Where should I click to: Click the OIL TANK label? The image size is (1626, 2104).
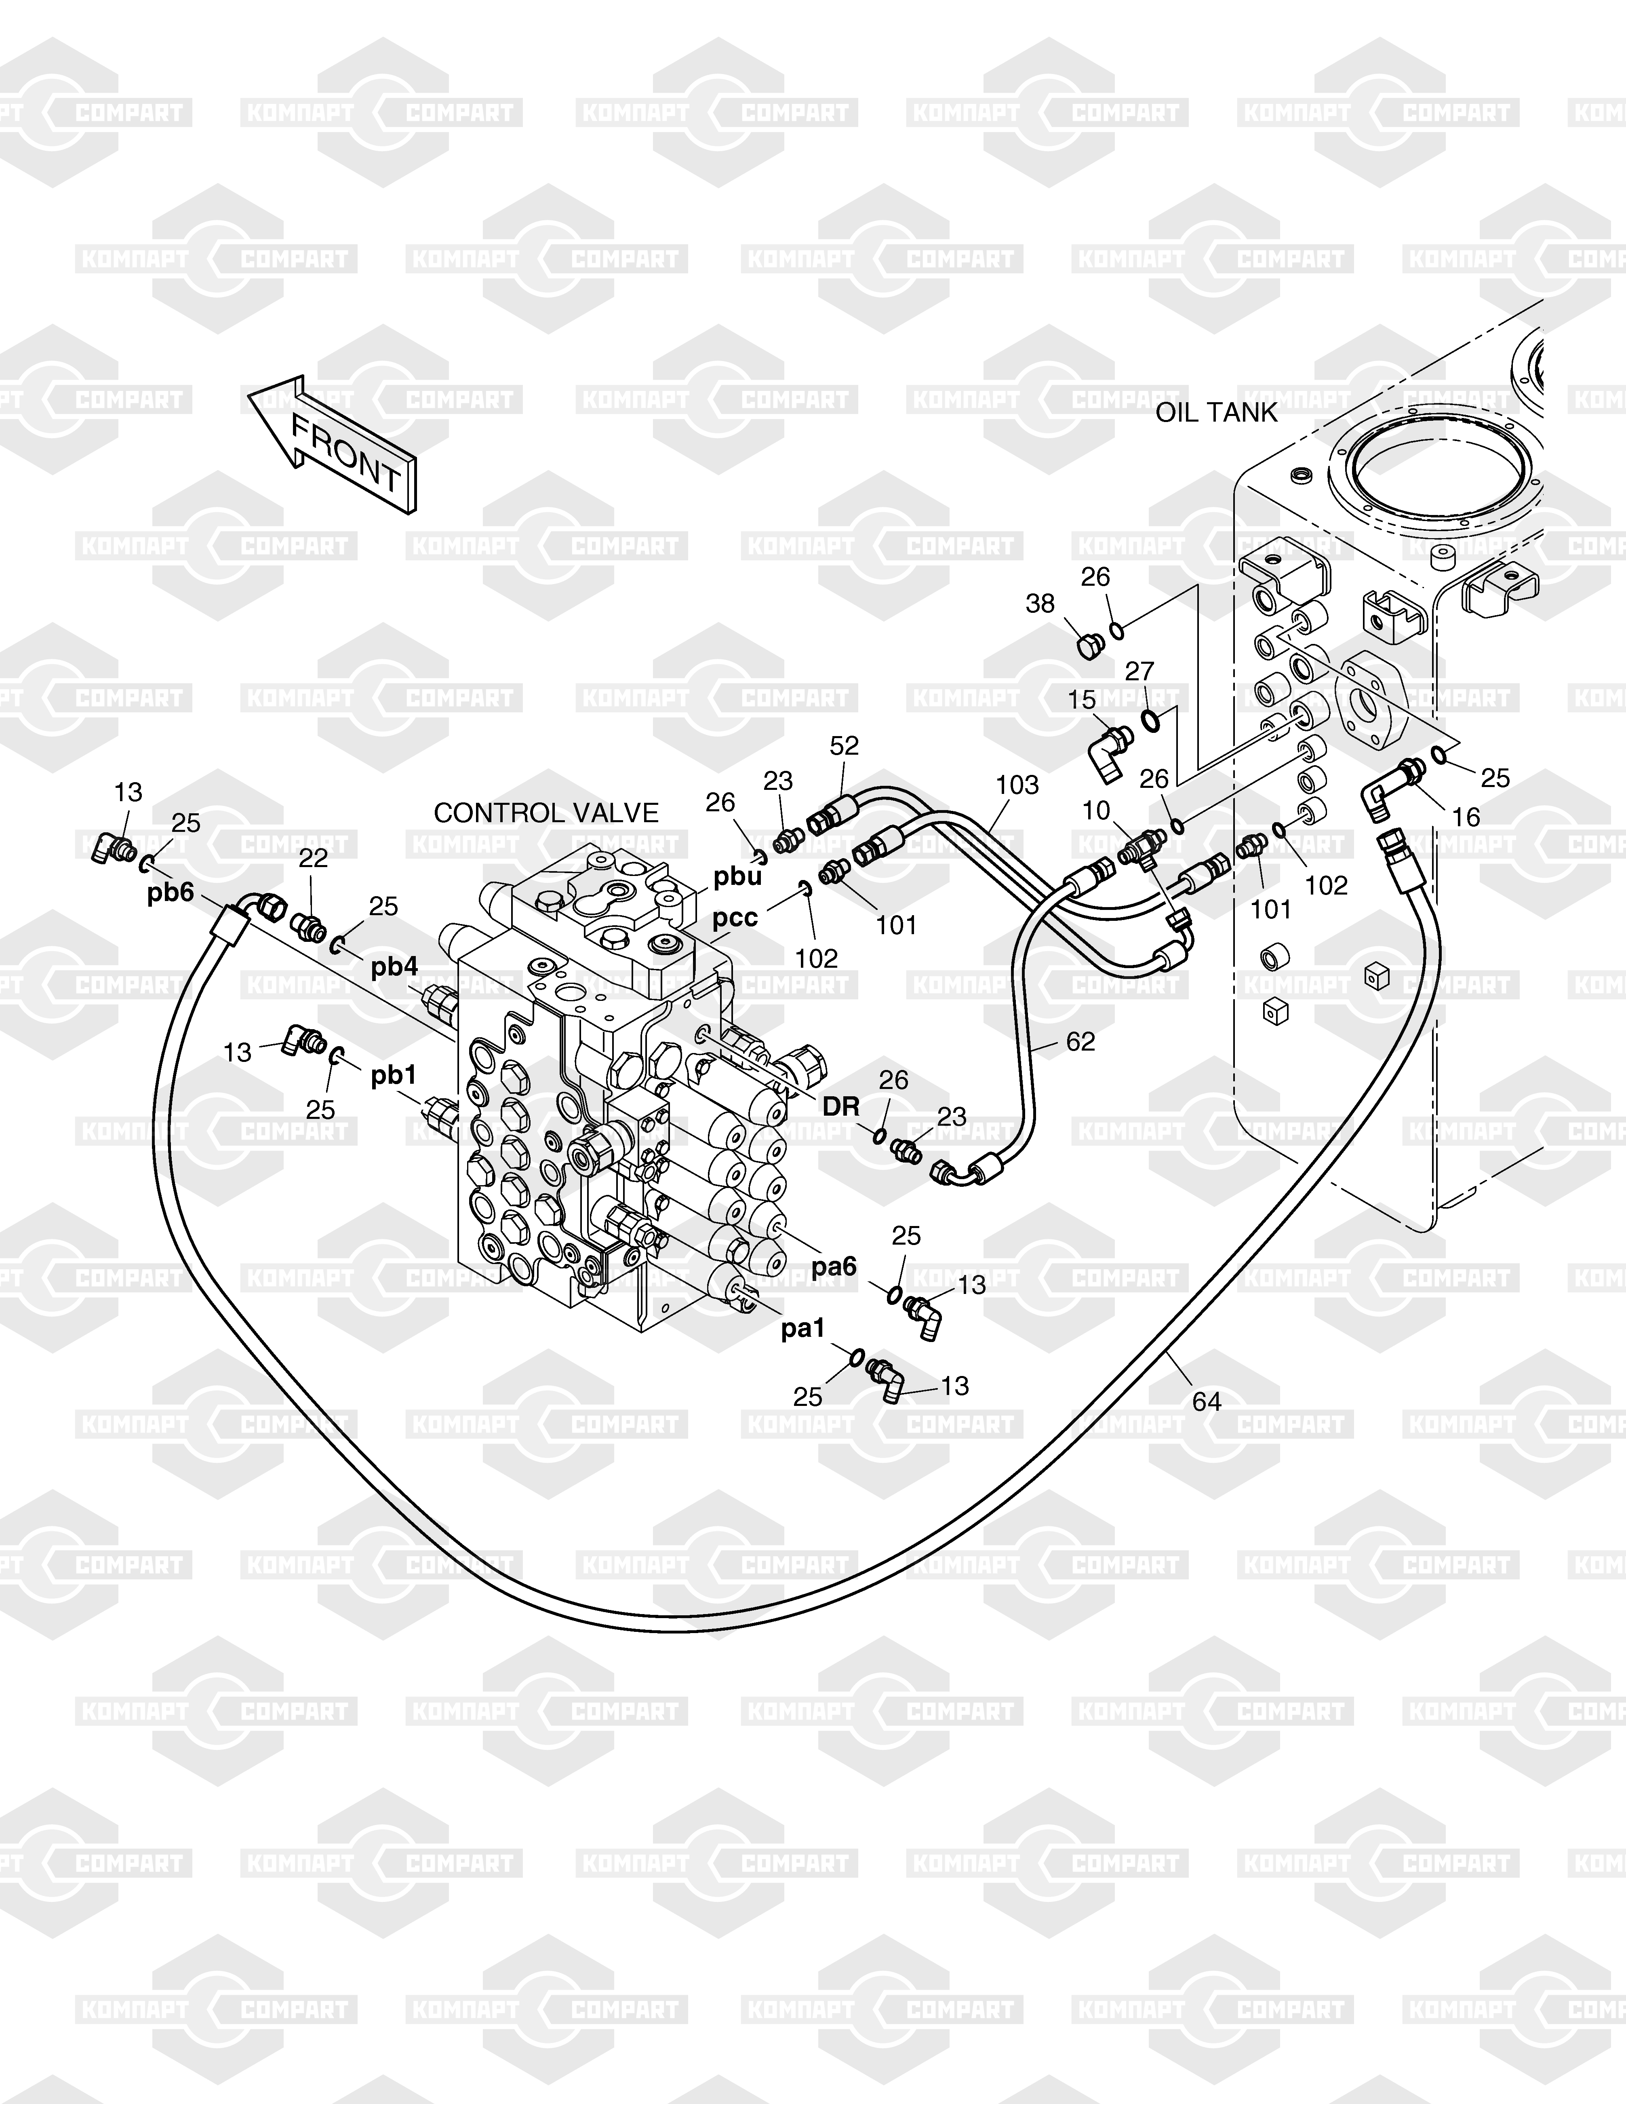tap(1215, 412)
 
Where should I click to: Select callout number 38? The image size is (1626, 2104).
tap(1040, 604)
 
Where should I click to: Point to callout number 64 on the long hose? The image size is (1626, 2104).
tap(1206, 1402)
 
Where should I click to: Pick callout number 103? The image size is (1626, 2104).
tap(1017, 785)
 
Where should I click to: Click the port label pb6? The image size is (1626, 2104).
tap(171, 893)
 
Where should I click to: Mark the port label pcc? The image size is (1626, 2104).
tap(735, 918)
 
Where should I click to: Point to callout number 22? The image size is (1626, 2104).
tap(313, 857)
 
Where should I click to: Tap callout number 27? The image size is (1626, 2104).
tap(1139, 671)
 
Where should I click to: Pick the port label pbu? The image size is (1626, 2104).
tap(738, 876)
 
